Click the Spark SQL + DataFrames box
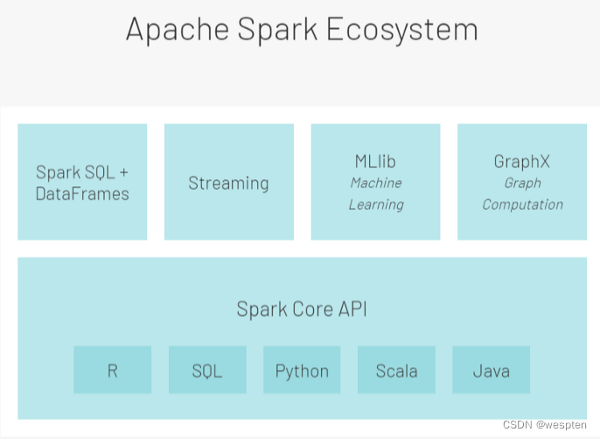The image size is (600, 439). pyautogui.click(x=82, y=182)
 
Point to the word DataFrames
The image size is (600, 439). pyautogui.click(x=82, y=193)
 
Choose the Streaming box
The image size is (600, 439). pyautogui.click(x=228, y=183)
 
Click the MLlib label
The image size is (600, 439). pyautogui.click(x=376, y=162)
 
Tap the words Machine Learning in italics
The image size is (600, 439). pyautogui.click(x=376, y=193)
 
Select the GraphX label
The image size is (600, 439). pyautogui.click(x=522, y=162)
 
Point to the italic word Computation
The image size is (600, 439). pyautogui.click(x=523, y=205)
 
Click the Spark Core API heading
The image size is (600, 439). pyautogui.click(x=300, y=309)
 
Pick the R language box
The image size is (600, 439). pyautogui.click(x=112, y=370)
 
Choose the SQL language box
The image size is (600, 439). pyautogui.click(x=207, y=370)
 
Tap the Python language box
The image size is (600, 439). pyautogui.click(x=302, y=370)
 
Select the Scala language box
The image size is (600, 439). pyautogui.click(x=396, y=370)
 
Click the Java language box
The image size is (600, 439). pyautogui.click(x=491, y=370)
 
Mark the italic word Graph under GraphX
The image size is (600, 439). pyautogui.click(x=523, y=183)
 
